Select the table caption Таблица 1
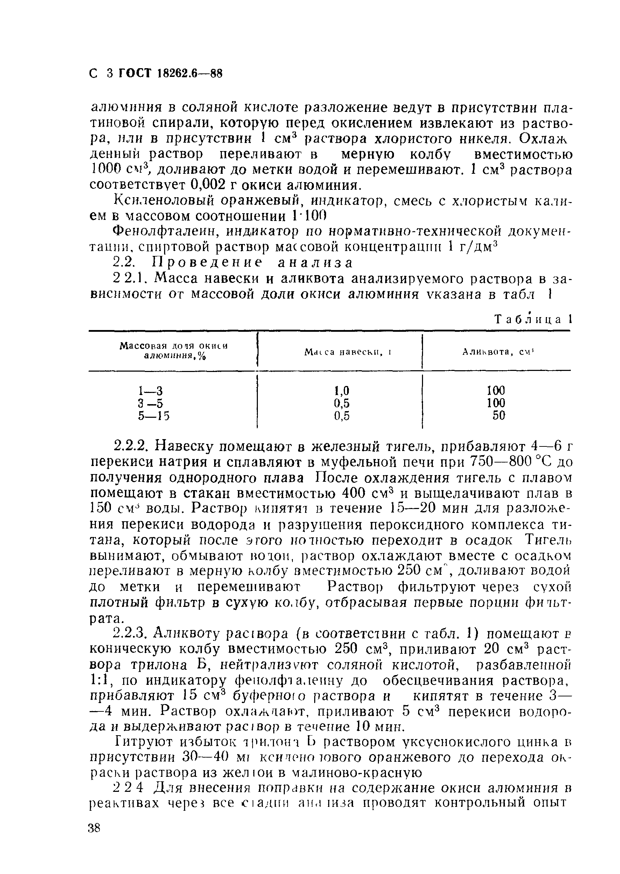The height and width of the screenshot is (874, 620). (533, 319)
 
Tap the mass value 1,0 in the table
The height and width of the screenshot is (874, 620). (342, 391)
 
